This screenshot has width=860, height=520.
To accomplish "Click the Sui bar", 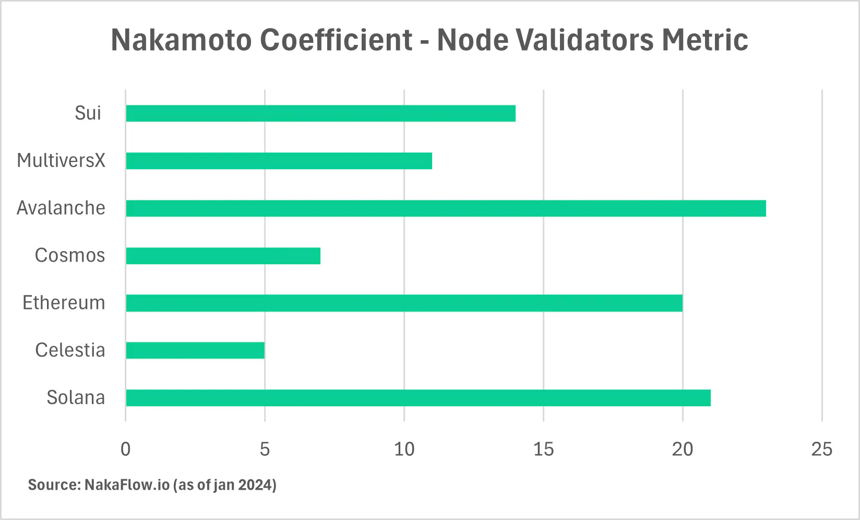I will [x=320, y=113].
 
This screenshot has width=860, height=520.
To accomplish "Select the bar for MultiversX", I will [x=279, y=161].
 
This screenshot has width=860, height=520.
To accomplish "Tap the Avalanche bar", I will [x=446, y=208].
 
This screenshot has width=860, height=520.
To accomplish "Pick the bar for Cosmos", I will [x=223, y=256].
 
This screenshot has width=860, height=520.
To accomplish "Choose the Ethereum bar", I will [x=404, y=303].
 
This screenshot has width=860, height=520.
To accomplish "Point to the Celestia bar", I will [x=195, y=350].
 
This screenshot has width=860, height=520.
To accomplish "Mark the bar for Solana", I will [x=418, y=398].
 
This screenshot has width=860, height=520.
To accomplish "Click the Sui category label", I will [x=88, y=113].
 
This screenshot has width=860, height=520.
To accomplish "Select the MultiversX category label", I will [x=61, y=161].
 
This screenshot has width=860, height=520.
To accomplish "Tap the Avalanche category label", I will [x=61, y=208].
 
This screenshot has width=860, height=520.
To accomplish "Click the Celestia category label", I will [x=70, y=350].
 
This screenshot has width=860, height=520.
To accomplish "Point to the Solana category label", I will [x=76, y=398].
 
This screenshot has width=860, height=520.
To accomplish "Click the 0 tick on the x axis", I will [x=126, y=449].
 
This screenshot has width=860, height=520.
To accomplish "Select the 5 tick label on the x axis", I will [x=265, y=449].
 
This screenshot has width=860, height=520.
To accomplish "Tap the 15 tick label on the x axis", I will [x=543, y=449].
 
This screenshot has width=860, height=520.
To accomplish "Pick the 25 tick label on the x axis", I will [x=822, y=449].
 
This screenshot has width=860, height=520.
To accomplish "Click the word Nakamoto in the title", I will [x=182, y=40].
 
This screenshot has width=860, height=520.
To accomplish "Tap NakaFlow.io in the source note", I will [x=127, y=485].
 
